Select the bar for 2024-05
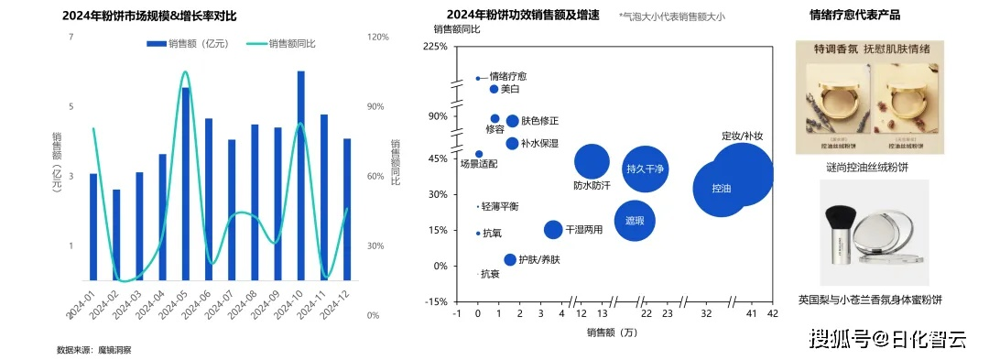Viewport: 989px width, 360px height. click(186, 183)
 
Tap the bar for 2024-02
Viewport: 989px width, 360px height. click(116, 235)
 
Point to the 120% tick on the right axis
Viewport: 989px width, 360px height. click(377, 37)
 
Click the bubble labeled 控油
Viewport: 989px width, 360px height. click(722, 188)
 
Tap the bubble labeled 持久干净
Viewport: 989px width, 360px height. click(645, 169)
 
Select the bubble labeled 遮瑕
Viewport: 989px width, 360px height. click(635, 221)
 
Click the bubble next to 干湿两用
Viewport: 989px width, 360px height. click(553, 230)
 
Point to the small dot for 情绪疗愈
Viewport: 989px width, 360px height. click(478, 79)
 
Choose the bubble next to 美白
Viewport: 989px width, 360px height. click(494, 89)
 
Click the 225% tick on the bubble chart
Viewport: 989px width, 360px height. click(435, 46)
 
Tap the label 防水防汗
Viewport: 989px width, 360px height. click(592, 186)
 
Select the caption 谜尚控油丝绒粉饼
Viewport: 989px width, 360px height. click(866, 168)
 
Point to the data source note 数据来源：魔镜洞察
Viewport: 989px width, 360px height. click(94, 350)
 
